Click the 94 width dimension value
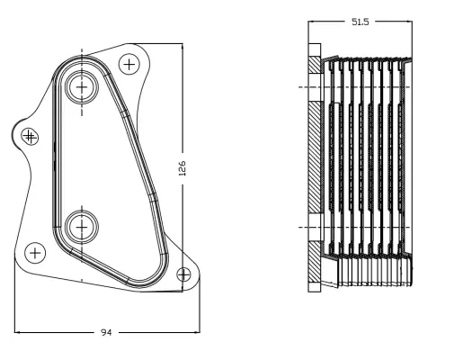click(105, 333)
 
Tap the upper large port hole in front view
click(83, 87)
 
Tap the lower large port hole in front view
click(82, 227)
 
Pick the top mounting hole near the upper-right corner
click(130, 64)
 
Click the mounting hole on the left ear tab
click(30, 137)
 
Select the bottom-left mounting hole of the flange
click(35, 253)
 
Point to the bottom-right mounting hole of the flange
click(185, 274)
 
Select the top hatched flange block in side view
click(314, 63)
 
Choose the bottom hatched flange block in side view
click(314, 265)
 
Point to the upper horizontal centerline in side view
click(360, 86)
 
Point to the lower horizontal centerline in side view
click(360, 227)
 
